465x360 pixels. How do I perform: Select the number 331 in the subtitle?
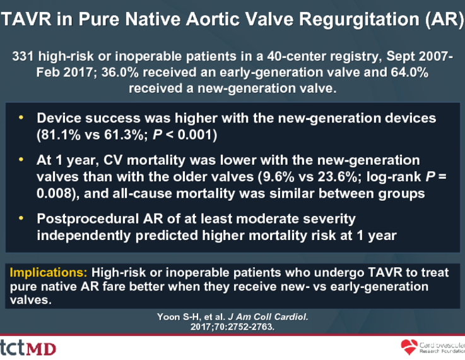coord(23,56)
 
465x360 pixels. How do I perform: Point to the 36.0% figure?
coord(120,72)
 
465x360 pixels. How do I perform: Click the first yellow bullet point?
coord(21,117)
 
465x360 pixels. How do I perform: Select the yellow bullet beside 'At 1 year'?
coord(21,160)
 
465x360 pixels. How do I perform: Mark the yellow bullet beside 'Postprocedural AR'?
coord(21,219)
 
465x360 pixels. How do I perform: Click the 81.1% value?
coord(60,135)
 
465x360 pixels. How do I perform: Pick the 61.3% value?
coord(126,135)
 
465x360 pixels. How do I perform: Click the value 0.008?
coord(54,193)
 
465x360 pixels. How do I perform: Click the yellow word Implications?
coord(49,272)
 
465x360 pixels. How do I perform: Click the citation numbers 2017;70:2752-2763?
coord(232,327)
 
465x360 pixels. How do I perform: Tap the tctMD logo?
coord(28,348)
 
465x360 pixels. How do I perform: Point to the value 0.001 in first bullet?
coord(195,135)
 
